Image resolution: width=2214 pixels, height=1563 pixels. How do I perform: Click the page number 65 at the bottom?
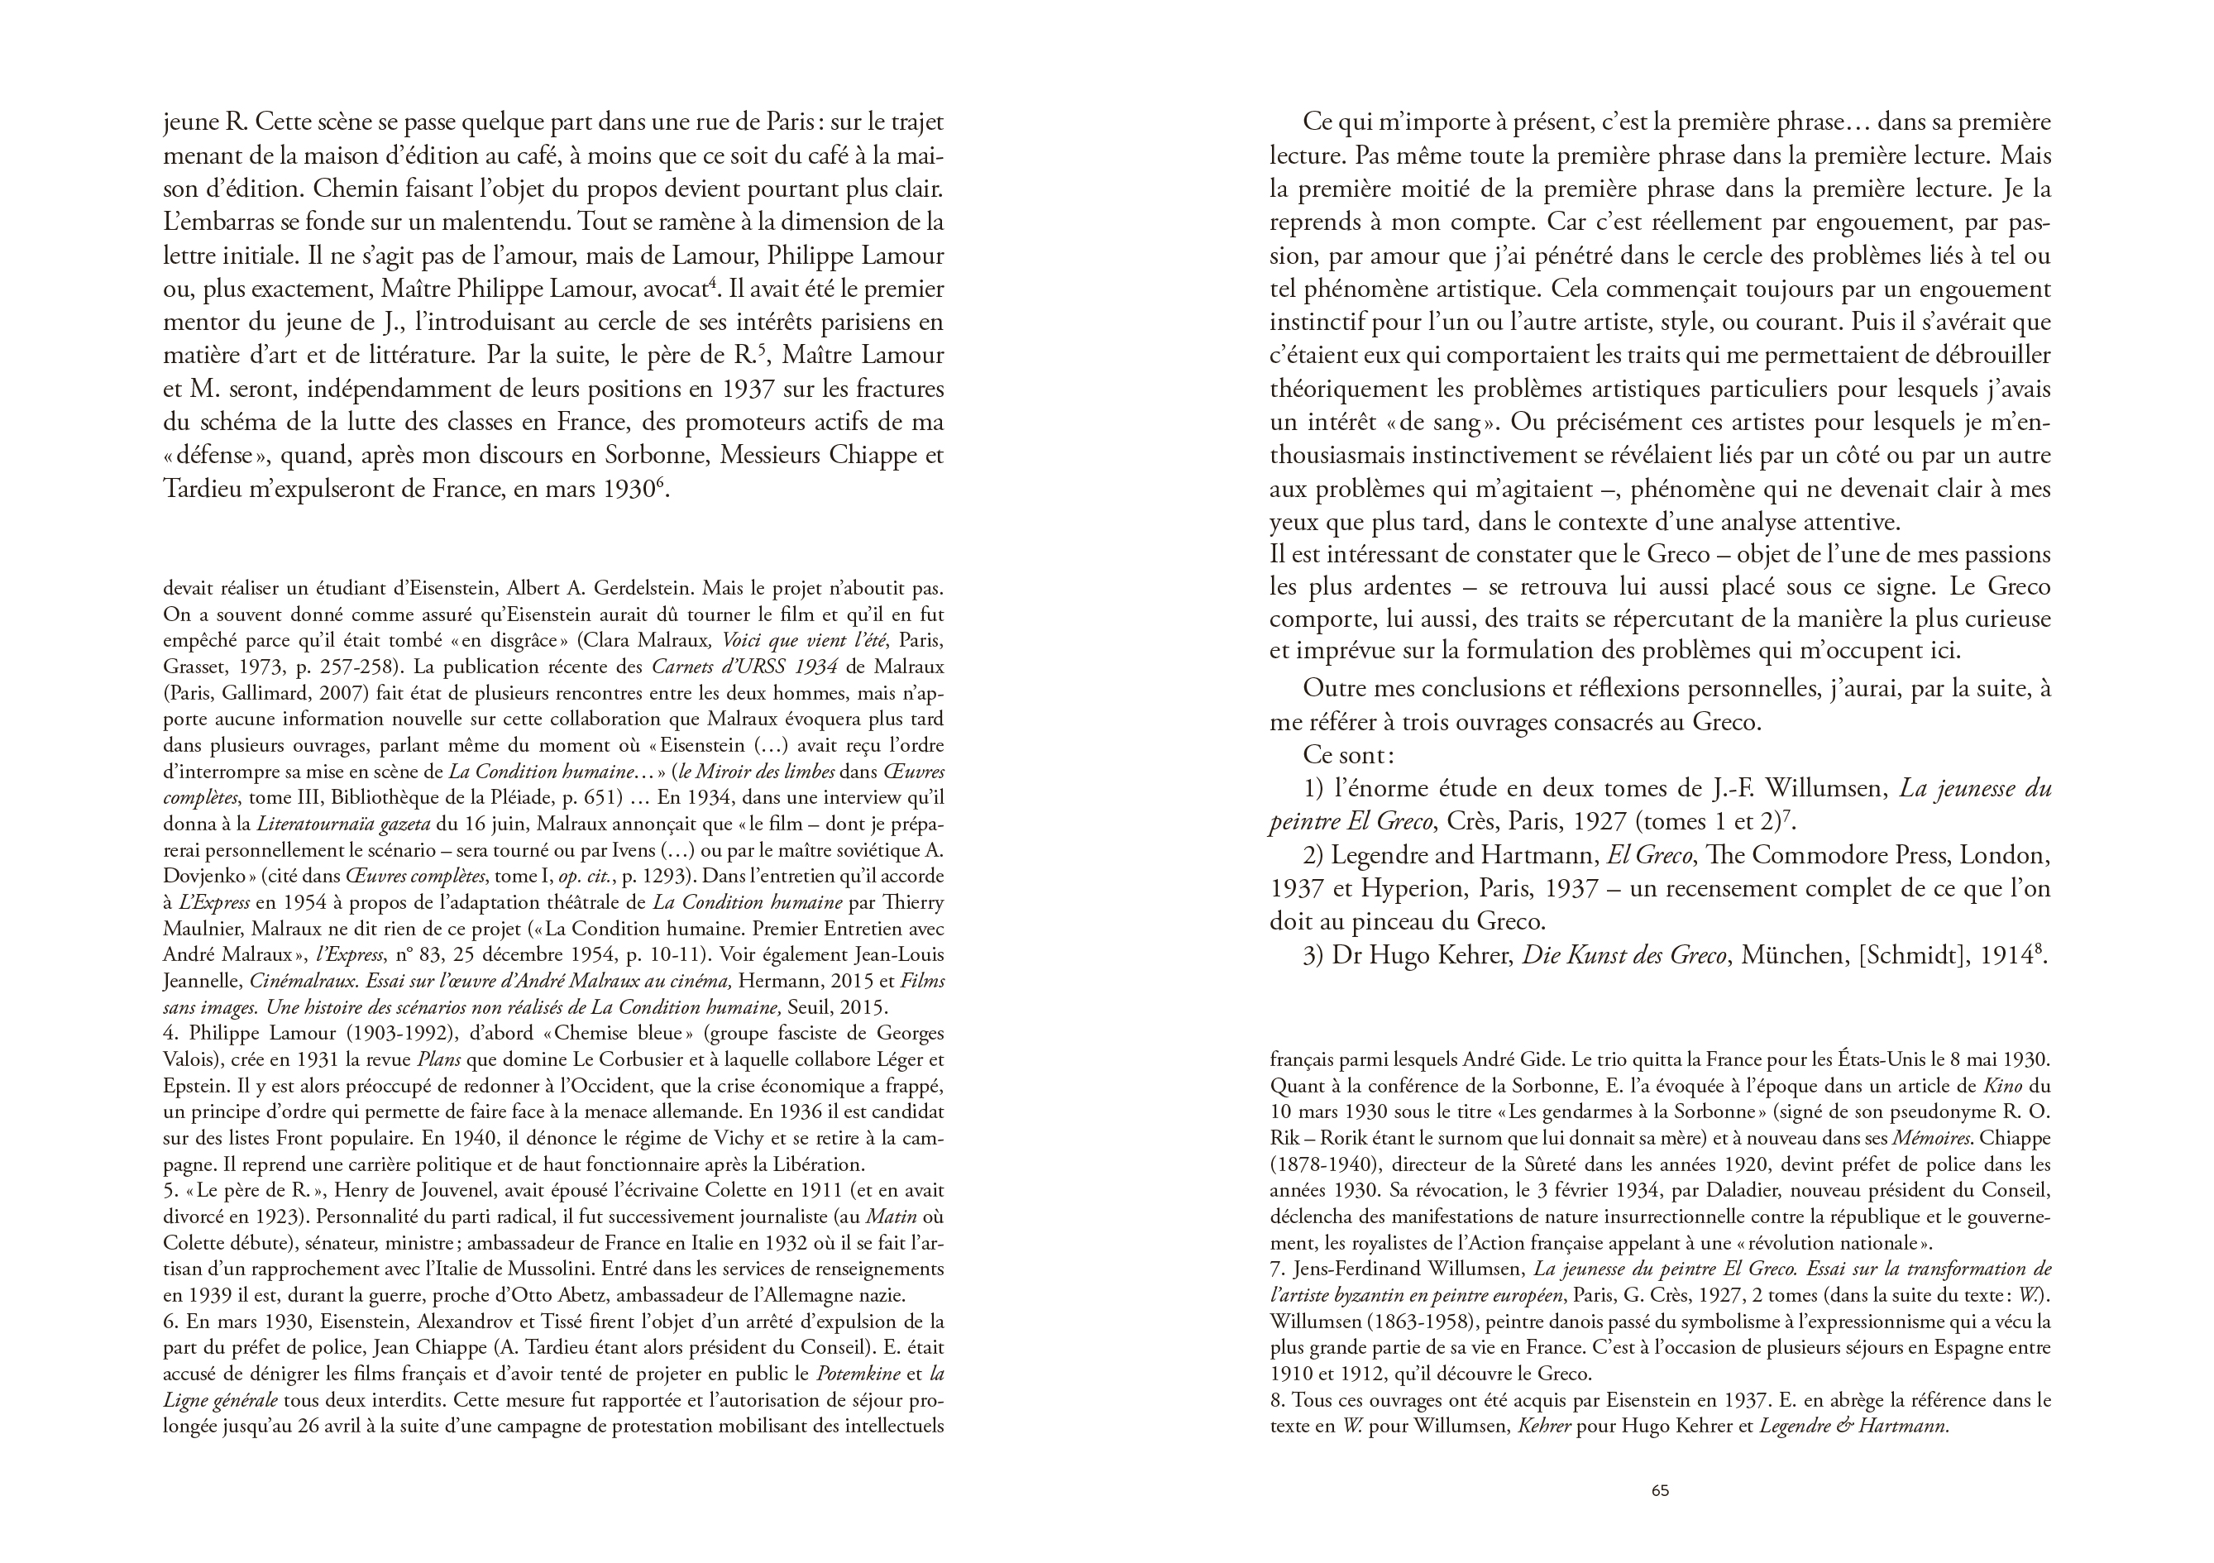click(1660, 1489)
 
